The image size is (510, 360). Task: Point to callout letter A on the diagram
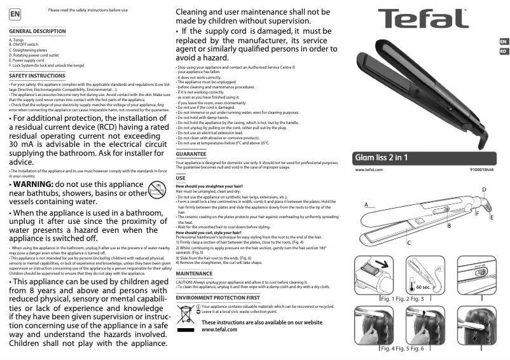(x=366, y=205)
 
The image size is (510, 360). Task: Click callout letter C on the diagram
(x=408, y=243)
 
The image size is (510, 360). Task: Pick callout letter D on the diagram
(x=484, y=190)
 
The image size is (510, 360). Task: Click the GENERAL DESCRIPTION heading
(x=38, y=31)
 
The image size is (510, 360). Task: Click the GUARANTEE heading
(x=191, y=154)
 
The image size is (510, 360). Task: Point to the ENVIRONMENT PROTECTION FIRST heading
(x=217, y=298)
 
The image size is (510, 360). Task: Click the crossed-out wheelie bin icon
(x=184, y=314)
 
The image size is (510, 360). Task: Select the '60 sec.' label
(x=424, y=287)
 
